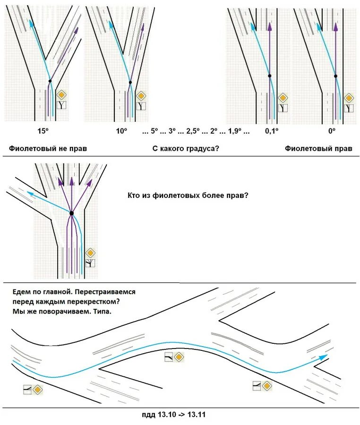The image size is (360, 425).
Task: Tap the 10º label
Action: click(x=122, y=131)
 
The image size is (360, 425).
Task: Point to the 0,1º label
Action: click(x=272, y=131)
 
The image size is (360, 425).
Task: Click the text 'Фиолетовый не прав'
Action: click(x=48, y=148)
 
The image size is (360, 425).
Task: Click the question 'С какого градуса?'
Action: click(x=186, y=148)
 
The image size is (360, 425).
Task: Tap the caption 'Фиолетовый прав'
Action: click(x=318, y=148)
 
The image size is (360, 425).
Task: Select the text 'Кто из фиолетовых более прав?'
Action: click(x=188, y=195)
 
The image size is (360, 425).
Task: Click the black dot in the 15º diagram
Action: click(x=50, y=81)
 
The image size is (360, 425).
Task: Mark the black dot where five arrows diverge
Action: click(x=71, y=213)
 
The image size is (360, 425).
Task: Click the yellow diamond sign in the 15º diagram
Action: click(x=61, y=94)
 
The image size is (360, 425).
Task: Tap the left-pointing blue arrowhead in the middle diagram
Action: click(x=30, y=193)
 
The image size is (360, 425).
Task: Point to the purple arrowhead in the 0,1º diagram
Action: click(x=269, y=26)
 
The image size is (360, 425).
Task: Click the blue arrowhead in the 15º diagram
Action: click(x=31, y=24)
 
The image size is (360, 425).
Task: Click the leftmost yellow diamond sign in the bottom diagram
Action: click(x=38, y=390)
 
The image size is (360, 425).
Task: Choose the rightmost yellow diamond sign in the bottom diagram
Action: click(x=267, y=386)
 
